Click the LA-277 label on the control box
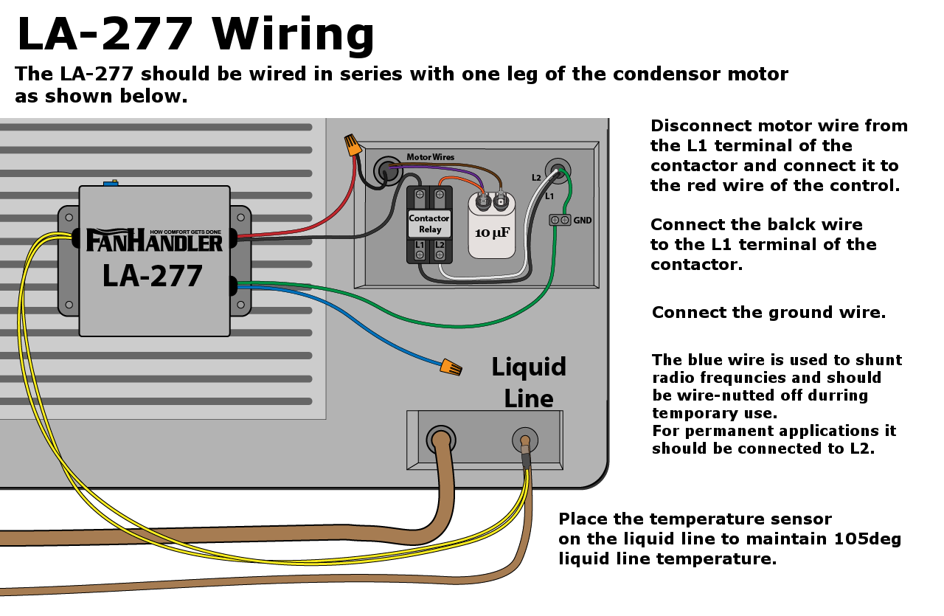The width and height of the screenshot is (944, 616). tap(153, 276)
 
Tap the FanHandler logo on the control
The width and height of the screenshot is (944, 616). tap(154, 240)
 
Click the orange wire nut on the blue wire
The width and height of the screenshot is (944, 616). tap(451, 366)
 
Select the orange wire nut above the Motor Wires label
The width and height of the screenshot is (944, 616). tap(353, 144)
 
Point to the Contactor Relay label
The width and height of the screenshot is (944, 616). tap(429, 224)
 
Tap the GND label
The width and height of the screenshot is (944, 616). tap(583, 221)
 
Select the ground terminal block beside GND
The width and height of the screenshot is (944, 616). tap(560, 220)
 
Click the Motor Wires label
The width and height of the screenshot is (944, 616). tap(431, 157)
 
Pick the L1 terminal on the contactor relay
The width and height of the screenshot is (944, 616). tap(420, 249)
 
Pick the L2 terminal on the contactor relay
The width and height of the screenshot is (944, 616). tap(440, 249)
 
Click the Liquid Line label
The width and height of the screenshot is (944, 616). tap(529, 383)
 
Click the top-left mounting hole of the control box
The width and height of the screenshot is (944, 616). tap(69, 218)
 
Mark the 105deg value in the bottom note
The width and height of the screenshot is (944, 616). tap(867, 539)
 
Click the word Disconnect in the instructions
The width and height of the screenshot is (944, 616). tap(701, 125)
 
